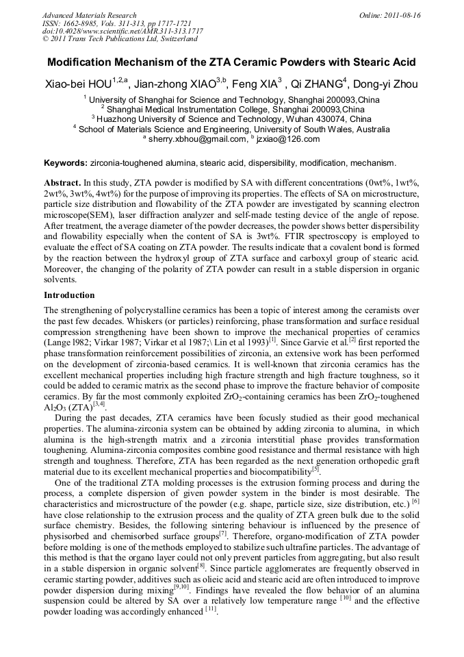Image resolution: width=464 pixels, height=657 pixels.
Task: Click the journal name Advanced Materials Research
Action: click(89, 15)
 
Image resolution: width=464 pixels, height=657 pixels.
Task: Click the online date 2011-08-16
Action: click(403, 15)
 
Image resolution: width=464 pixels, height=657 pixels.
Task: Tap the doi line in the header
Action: click(123, 32)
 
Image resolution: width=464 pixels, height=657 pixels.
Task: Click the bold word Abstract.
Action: click(62, 184)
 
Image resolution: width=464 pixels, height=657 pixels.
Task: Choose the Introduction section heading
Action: click(69, 295)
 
